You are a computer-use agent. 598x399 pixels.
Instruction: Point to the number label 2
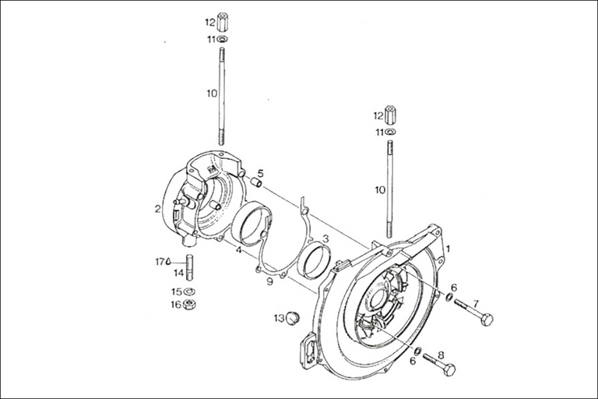157,209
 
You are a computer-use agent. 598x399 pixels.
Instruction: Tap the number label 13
278,317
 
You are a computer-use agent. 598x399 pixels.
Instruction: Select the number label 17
158,262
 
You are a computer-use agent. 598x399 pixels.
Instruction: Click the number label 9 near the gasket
269,280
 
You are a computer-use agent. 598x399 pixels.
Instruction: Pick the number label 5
261,173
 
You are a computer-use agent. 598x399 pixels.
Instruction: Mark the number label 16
177,304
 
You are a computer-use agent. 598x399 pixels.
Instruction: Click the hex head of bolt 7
486,319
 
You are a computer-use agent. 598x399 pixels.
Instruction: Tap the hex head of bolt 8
449,368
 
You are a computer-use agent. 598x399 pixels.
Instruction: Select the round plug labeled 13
294,317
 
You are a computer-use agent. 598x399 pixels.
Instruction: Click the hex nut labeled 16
192,304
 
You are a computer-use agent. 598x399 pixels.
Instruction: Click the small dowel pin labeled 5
253,184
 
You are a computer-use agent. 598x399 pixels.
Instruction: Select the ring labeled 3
315,260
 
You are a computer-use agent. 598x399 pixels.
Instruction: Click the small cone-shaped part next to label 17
169,262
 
